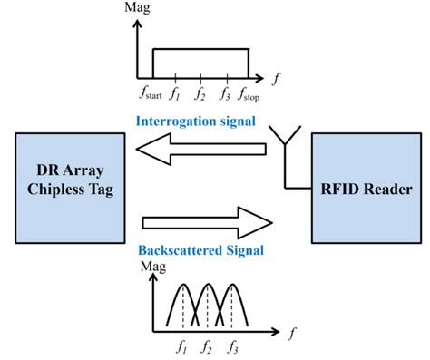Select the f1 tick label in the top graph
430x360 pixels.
pyautogui.click(x=178, y=93)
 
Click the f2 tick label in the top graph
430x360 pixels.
pyautogui.click(x=201, y=93)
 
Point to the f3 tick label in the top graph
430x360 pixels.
pyautogui.click(x=225, y=93)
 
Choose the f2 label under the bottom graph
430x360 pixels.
pyautogui.click(x=209, y=345)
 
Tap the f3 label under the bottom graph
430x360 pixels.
pyautogui.click(x=233, y=345)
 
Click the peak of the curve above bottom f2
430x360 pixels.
pyautogui.click(x=209, y=283)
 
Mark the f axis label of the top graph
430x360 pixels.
pyautogui.click(x=276, y=77)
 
